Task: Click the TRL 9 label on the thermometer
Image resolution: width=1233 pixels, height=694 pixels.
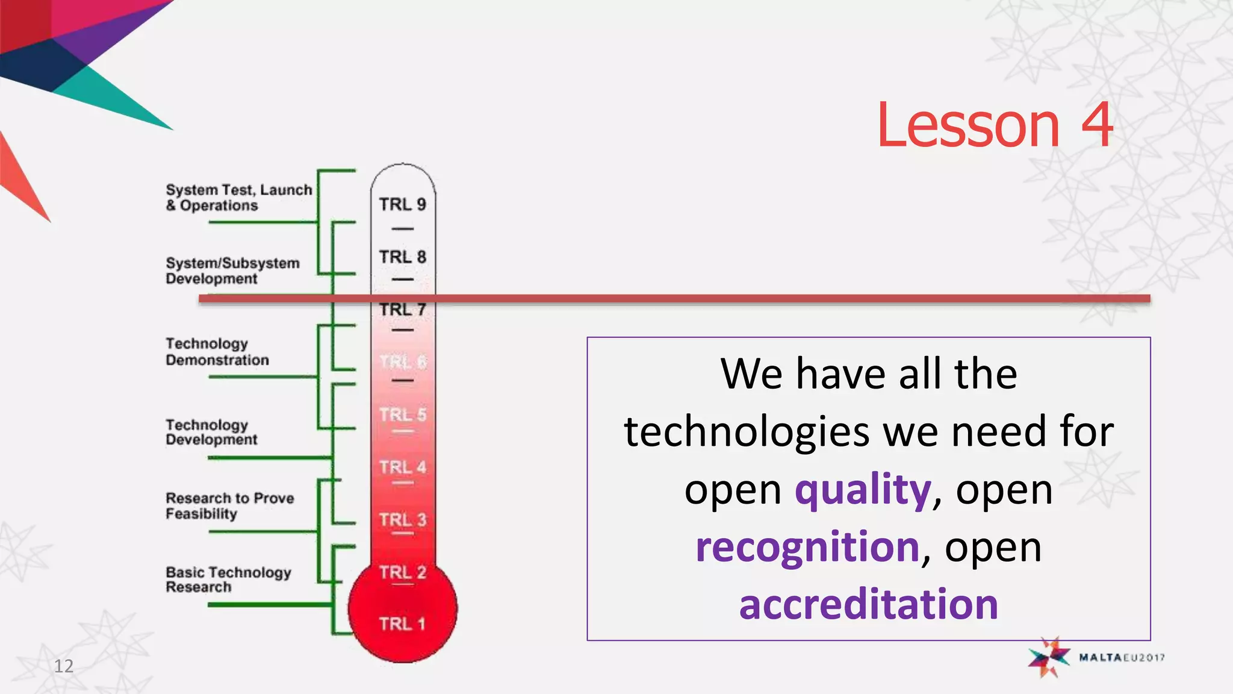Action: (x=402, y=205)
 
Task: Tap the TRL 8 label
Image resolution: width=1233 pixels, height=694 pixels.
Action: (x=402, y=257)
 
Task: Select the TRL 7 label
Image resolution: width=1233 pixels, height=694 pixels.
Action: (x=402, y=310)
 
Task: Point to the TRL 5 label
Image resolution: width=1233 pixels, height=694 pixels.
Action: (x=402, y=415)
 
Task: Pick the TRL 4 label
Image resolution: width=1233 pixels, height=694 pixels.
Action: (x=402, y=467)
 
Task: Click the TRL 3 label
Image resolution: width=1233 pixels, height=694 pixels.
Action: (x=402, y=520)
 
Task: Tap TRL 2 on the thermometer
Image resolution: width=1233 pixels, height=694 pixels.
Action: (x=402, y=572)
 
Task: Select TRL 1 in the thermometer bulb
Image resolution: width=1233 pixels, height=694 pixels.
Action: (x=402, y=624)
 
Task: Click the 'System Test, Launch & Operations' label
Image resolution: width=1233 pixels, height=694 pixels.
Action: (x=238, y=198)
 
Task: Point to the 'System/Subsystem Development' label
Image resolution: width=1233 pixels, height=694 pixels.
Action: (x=232, y=271)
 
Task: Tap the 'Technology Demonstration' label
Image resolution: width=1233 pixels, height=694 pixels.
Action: (x=217, y=352)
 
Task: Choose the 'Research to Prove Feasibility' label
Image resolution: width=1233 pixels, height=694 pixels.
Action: (x=229, y=506)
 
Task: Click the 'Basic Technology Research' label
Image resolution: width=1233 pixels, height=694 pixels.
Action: (x=228, y=580)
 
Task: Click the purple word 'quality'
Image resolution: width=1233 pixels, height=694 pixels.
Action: (x=863, y=489)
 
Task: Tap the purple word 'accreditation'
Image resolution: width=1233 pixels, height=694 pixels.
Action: (x=868, y=604)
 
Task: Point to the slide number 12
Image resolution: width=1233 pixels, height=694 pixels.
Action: (x=64, y=666)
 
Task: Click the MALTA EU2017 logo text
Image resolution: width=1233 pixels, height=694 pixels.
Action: (x=1121, y=657)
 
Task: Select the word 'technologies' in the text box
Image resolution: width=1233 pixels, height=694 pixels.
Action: (x=747, y=432)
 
